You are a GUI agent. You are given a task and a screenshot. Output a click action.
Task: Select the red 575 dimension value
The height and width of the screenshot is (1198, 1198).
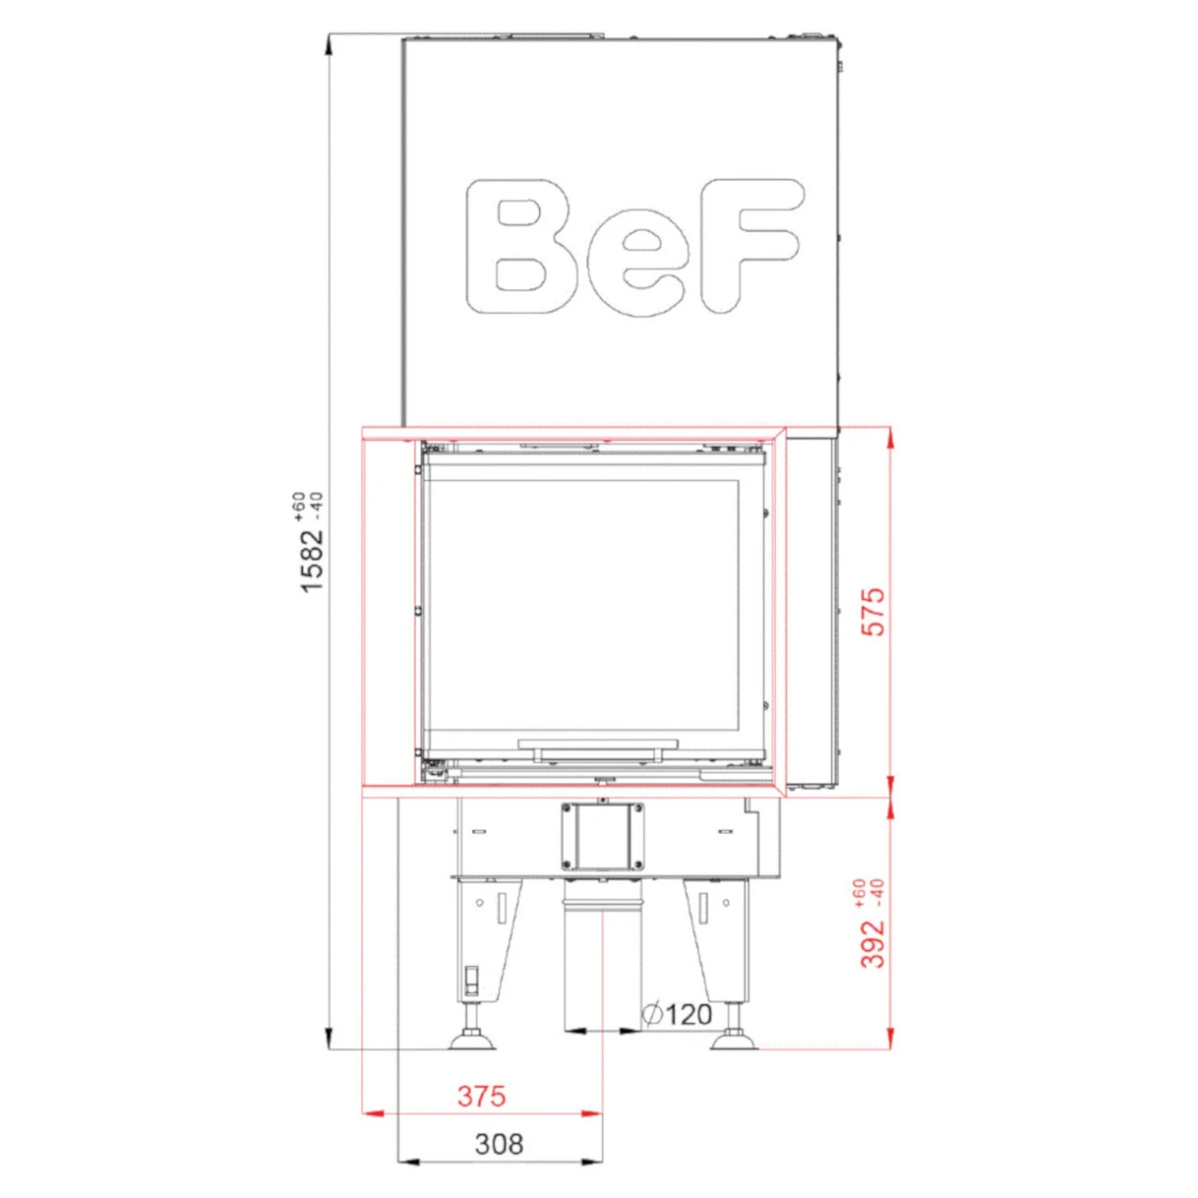point(874,612)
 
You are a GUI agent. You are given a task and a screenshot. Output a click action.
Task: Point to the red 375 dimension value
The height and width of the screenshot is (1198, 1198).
point(482,1095)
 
